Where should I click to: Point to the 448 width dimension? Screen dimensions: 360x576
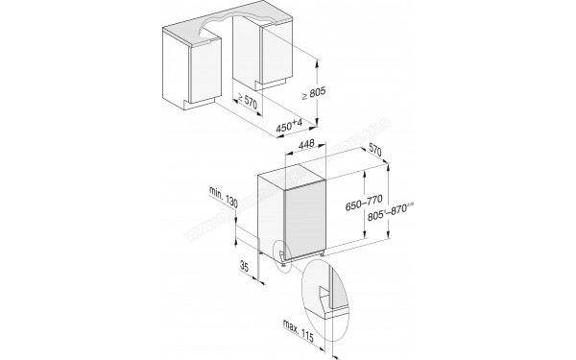click(307, 145)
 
